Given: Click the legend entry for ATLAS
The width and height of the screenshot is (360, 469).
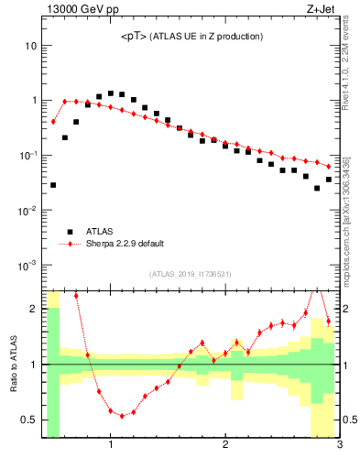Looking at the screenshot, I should click(x=101, y=232).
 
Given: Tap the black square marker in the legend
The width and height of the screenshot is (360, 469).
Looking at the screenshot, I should click(x=66, y=232).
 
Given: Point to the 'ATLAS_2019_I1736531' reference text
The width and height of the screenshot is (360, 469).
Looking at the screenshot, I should click(x=191, y=274).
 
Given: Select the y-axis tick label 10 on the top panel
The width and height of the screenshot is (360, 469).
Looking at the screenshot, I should click(x=31, y=46).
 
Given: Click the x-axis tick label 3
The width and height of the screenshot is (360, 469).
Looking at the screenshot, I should click(x=339, y=446).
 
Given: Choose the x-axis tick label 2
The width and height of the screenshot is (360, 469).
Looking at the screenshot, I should click(x=225, y=446).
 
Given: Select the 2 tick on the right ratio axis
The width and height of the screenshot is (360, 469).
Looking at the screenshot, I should click(x=348, y=309).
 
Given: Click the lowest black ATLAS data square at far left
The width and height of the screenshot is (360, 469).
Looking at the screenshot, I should click(x=53, y=185).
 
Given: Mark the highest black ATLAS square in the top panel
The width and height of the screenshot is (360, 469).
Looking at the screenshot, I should click(x=111, y=93).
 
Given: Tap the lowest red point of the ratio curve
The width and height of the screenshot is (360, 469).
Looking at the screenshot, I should click(x=122, y=416).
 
